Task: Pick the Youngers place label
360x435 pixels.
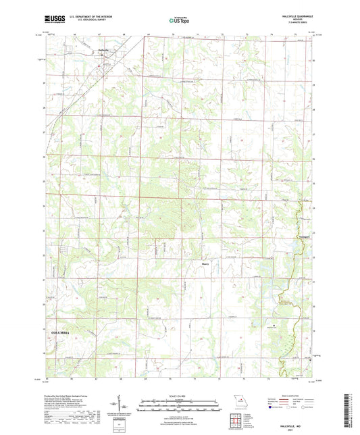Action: pos(305,237)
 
